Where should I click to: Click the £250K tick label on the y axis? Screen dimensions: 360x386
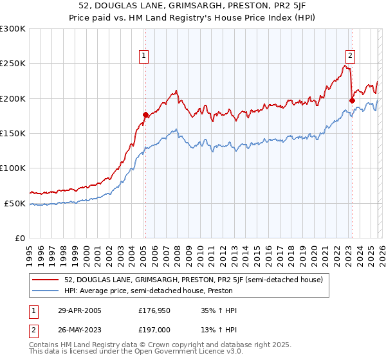12,64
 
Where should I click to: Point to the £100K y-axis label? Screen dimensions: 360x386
12,168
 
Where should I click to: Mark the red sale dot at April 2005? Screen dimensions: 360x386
145,114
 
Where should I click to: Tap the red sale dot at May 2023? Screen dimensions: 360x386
352,100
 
